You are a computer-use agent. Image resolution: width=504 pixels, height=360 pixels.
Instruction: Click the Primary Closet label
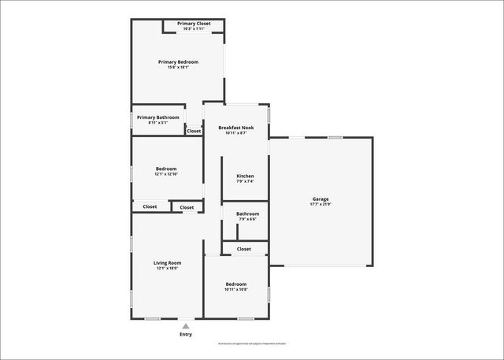[x=194, y=24]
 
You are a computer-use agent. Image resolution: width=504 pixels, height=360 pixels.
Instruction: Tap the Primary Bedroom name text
[x=178, y=61]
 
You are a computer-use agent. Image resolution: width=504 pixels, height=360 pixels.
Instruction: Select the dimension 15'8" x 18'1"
[x=178, y=67]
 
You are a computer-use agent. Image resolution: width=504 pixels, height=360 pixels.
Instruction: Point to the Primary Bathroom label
[x=157, y=117]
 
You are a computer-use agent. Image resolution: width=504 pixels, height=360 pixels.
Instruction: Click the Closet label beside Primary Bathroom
[x=194, y=131]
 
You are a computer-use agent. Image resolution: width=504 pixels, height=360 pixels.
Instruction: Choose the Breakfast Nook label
[x=236, y=127]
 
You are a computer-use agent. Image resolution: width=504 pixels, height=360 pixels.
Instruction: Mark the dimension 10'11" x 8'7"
[x=236, y=132]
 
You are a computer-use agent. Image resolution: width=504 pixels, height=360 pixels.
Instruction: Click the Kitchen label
[x=246, y=176]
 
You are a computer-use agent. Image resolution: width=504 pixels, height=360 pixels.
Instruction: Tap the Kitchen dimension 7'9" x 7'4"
[x=246, y=181]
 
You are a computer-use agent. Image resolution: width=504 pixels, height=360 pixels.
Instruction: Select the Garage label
[x=321, y=199]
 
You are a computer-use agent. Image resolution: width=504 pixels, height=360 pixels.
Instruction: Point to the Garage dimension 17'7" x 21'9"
[x=321, y=204]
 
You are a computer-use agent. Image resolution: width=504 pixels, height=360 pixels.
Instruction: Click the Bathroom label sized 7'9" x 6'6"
[x=248, y=213]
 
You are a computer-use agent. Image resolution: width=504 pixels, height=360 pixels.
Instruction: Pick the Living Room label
[x=167, y=262]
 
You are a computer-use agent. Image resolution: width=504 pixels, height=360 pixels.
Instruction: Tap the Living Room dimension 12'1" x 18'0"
[x=167, y=268]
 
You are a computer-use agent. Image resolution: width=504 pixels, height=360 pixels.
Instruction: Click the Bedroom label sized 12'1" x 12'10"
[x=166, y=168]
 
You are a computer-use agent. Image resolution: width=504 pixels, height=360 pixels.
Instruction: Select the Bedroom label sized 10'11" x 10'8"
[x=236, y=284]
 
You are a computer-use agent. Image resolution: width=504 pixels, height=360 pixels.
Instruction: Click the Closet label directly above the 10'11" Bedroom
[x=244, y=249]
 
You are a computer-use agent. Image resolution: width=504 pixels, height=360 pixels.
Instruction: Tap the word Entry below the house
[x=186, y=335]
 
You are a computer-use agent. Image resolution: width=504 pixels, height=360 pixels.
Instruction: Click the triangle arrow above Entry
[x=186, y=325]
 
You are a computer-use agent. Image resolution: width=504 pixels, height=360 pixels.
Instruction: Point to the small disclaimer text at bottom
[x=252, y=344]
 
